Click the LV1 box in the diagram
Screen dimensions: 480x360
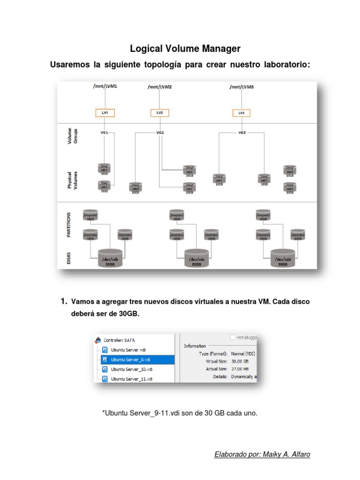pyautogui.click(x=105, y=112)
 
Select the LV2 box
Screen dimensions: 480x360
pyautogui.click(x=159, y=112)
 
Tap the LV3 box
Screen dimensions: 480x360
pyautogui.click(x=241, y=112)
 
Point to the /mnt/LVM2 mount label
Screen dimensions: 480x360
pyautogui.click(x=159, y=87)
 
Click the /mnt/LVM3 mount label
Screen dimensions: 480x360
pyautogui.click(x=241, y=87)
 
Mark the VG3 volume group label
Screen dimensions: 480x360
pyautogui.click(x=241, y=133)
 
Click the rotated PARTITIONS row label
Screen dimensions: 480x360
pyautogui.click(x=69, y=225)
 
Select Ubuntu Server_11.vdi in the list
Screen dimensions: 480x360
pyautogui.click(x=131, y=379)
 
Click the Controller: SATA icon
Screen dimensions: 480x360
pyautogui.click(x=98, y=340)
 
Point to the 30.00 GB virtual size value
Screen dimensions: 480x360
pyautogui.click(x=240, y=361)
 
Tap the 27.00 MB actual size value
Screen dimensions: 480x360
pyautogui.click(x=240, y=369)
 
